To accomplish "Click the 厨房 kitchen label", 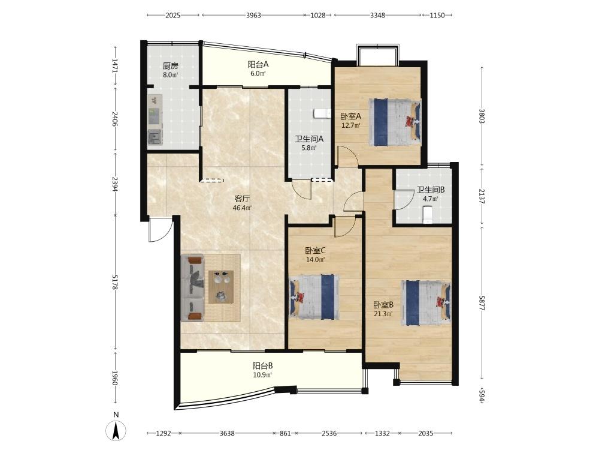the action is [171, 66].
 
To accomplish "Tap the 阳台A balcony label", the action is [258, 64].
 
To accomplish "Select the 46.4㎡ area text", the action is [242, 208].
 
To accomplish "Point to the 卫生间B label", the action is [431, 190].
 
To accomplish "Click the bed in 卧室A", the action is [395, 122].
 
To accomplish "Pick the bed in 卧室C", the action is [314, 296].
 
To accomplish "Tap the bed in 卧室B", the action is [426, 302].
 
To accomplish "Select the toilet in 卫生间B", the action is [428, 214].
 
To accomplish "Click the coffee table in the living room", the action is [221, 287].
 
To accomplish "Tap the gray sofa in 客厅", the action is [193, 288].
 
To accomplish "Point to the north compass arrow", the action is [117, 430].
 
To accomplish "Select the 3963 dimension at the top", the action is [253, 16].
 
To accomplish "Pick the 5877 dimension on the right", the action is [482, 302].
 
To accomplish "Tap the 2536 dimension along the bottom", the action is [329, 433].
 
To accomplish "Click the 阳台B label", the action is [262, 366].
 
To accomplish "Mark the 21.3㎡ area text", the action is [383, 314].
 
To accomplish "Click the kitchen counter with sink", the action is [155, 120].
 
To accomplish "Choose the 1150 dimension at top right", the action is [437, 16].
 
